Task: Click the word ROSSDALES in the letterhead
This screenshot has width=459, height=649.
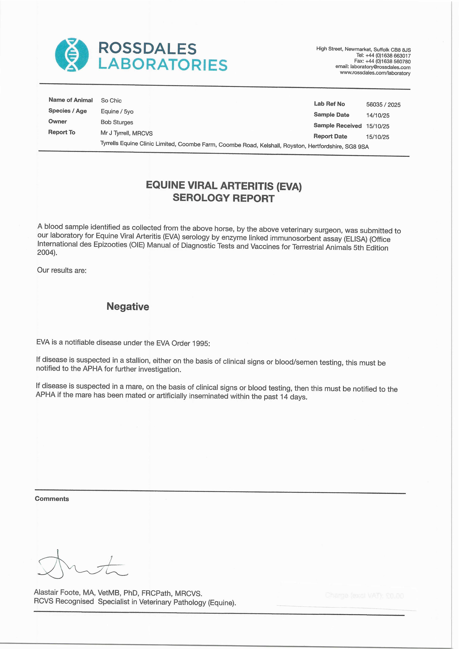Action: (147, 49)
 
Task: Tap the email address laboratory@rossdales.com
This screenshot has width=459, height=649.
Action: (380, 67)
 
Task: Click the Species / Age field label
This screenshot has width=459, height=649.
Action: (68, 111)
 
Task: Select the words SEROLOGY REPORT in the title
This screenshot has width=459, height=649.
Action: (223, 198)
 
